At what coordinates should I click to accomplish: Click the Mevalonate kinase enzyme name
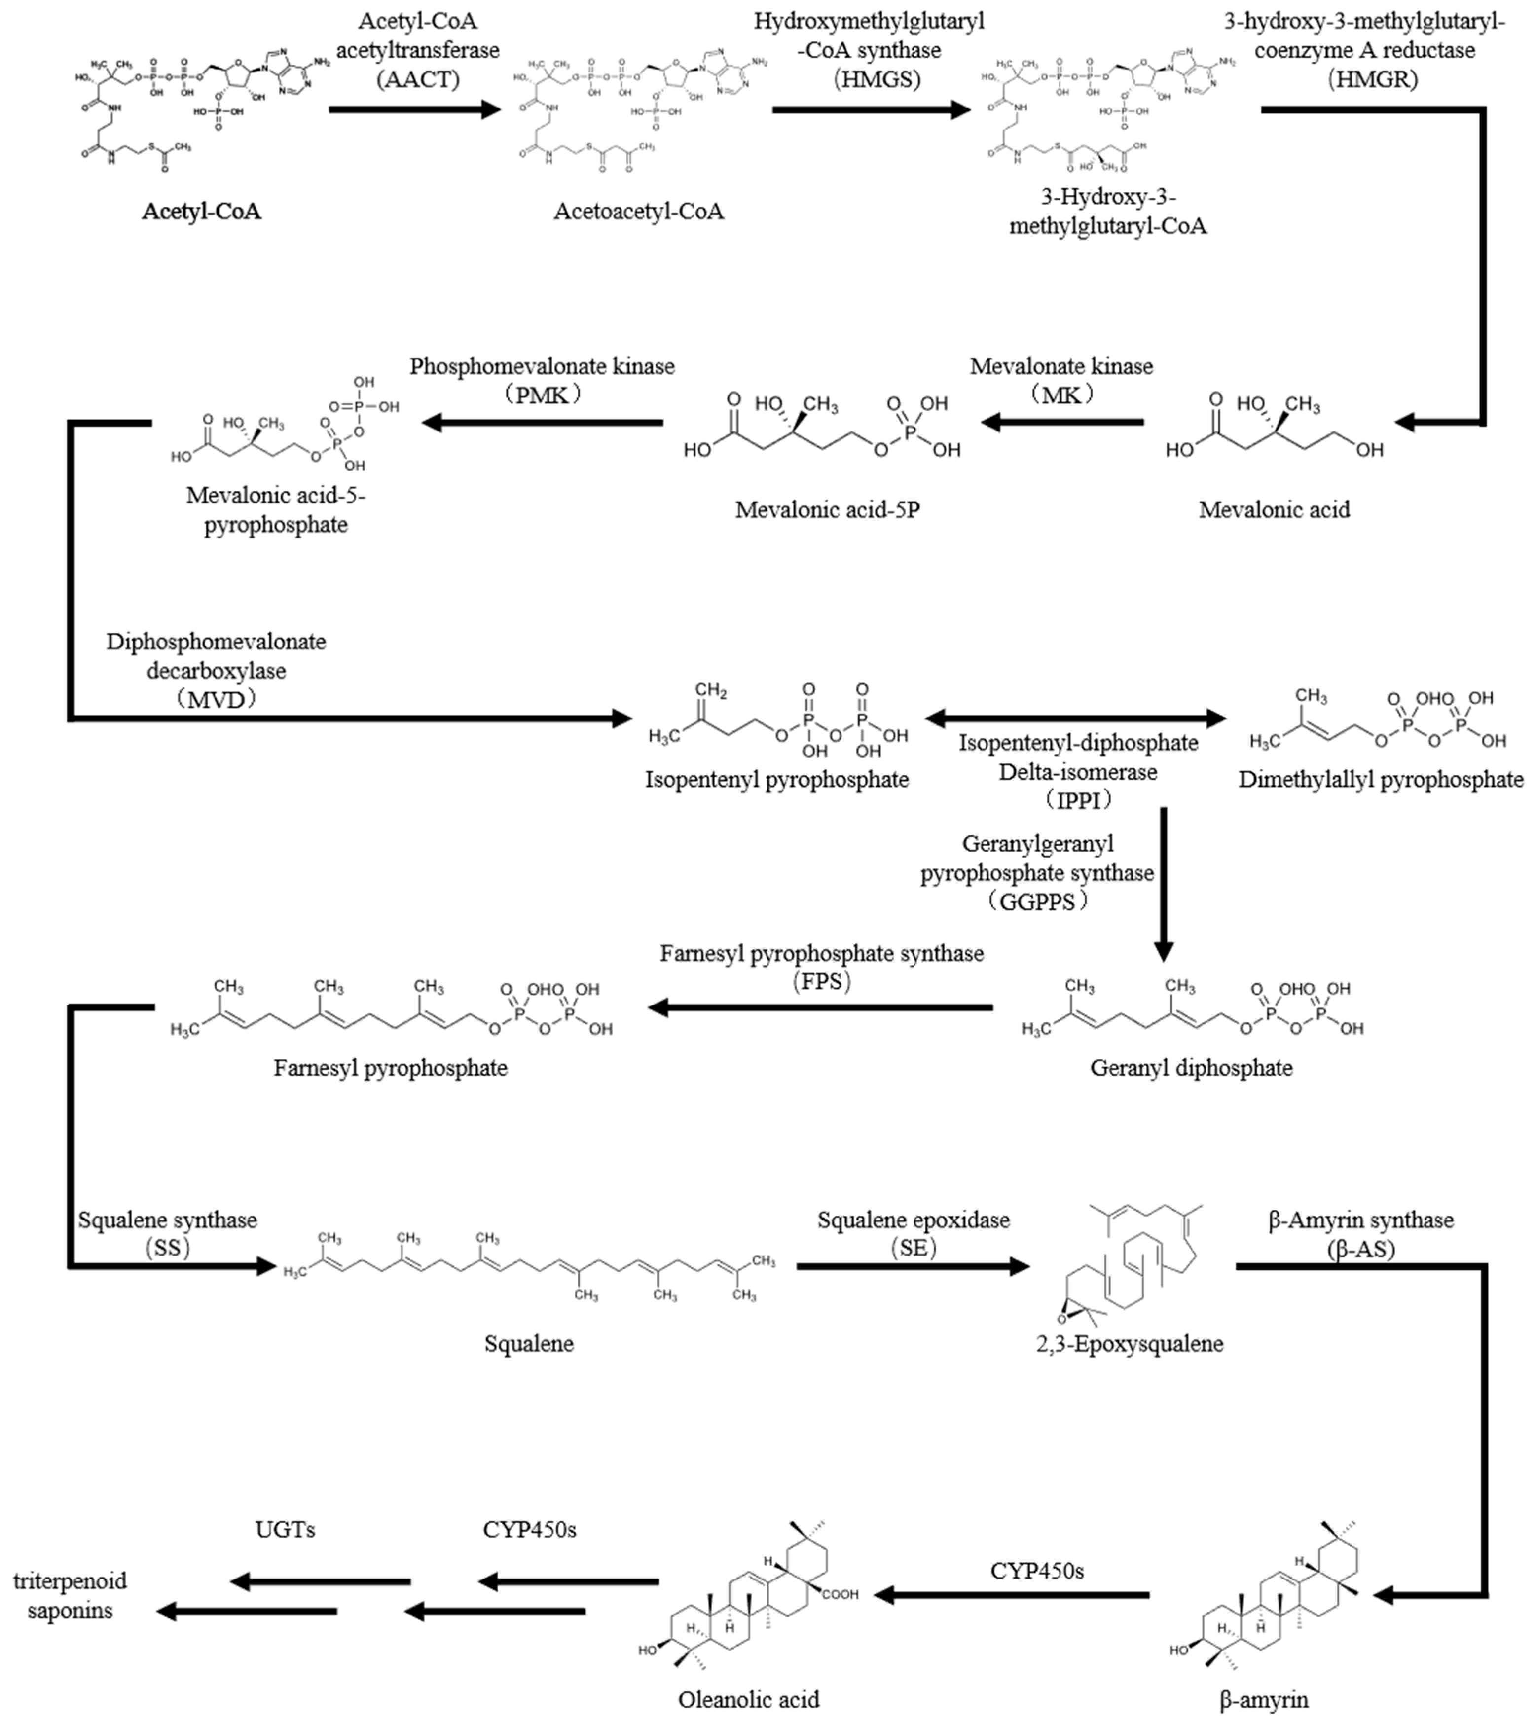point(1061,366)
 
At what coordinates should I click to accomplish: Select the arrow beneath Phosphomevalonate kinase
point(542,422)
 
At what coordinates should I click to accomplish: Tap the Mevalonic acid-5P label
point(827,509)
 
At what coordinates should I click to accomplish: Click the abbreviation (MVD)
point(216,699)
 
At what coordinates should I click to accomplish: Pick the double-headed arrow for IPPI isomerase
point(1075,718)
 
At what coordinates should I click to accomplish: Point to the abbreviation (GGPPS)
point(1037,901)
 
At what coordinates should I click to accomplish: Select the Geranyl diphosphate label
point(1191,1068)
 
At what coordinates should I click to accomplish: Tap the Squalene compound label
point(529,1343)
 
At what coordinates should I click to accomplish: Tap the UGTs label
point(285,1529)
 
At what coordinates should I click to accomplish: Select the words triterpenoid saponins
point(70,1596)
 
